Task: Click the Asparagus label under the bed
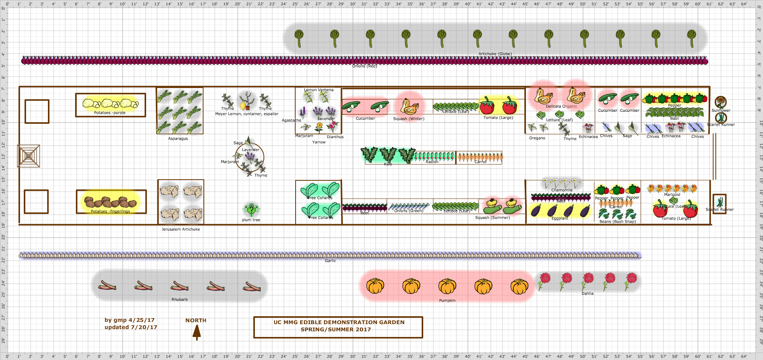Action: tap(178, 138)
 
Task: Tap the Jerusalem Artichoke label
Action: tap(181, 229)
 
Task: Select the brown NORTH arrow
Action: tap(197, 332)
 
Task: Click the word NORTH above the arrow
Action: tap(196, 320)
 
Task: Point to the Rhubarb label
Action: tap(179, 299)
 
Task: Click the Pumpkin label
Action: tap(447, 300)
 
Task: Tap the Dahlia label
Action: tap(587, 293)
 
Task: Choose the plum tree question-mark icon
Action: tap(251, 210)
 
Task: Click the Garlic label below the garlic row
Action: tap(330, 261)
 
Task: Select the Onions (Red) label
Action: tap(364, 66)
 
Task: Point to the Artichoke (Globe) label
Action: tap(495, 54)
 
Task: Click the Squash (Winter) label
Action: tap(408, 118)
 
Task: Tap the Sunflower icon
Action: tap(721, 102)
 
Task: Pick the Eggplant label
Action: tap(560, 218)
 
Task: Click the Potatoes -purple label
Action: tap(110, 112)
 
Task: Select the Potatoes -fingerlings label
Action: tap(110, 211)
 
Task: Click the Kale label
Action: tap(388, 164)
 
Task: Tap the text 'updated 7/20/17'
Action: tap(131, 327)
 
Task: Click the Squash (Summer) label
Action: tap(492, 217)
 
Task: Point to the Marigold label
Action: tap(672, 194)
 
